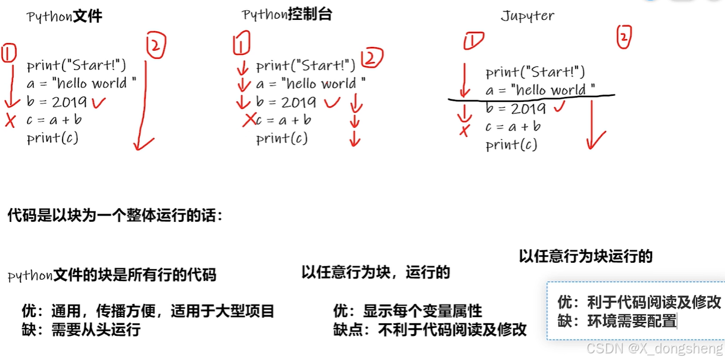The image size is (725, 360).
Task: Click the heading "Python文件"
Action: [x=65, y=16]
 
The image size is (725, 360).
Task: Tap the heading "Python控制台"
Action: [x=286, y=14]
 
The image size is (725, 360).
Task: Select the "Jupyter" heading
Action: [x=527, y=16]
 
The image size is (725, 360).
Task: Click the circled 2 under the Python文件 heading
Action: [x=155, y=46]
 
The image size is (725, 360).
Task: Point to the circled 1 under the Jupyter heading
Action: [x=474, y=41]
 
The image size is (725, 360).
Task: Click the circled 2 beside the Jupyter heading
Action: [x=624, y=37]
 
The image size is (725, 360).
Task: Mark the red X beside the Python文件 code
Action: [x=10, y=121]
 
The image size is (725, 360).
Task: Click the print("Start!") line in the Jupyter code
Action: [x=535, y=72]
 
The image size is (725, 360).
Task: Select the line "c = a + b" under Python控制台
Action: [x=283, y=120]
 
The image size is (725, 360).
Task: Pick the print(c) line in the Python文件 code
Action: [x=52, y=138]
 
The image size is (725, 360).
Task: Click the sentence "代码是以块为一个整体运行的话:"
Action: [x=115, y=215]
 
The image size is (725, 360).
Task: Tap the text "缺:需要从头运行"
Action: [x=81, y=330]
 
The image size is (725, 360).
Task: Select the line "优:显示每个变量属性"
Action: [x=407, y=311]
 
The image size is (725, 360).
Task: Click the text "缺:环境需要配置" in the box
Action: [x=617, y=321]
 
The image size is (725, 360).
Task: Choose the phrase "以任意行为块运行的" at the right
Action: [x=586, y=256]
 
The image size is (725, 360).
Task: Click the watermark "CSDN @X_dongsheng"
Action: [x=654, y=349]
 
